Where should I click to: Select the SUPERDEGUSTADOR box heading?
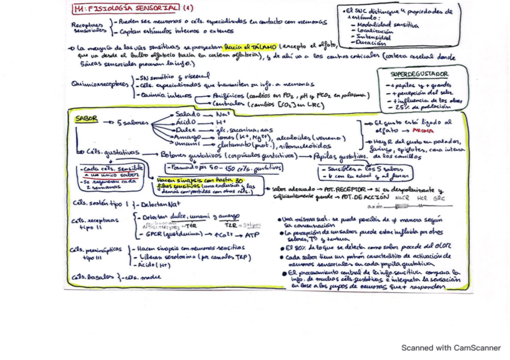tap(419, 74)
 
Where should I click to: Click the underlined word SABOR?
tap(87, 119)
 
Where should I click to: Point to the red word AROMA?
tap(425, 129)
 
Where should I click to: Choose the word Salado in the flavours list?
tap(188, 114)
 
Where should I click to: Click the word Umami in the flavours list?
tap(187, 145)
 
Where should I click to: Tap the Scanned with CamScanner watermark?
tap(451, 347)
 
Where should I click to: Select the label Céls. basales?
tap(90, 277)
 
